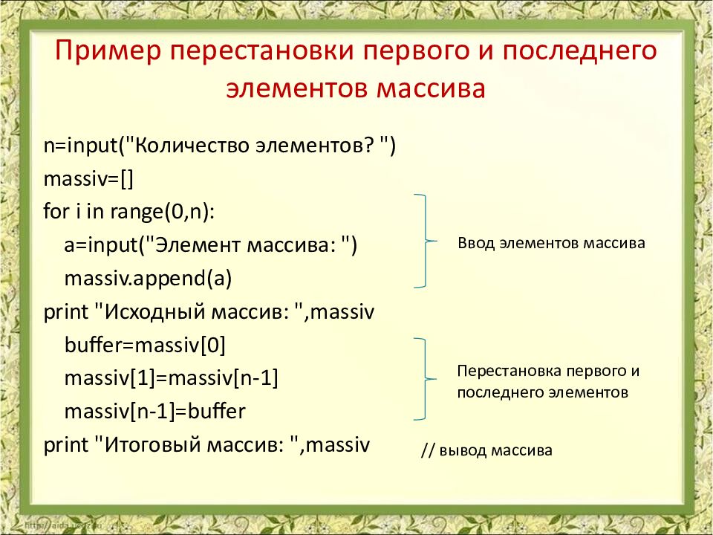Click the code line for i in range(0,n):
tap(128, 212)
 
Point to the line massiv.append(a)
tap(149, 279)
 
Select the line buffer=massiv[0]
tap(145, 346)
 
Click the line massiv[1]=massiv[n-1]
tap(171, 378)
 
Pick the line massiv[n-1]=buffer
tap(154, 411)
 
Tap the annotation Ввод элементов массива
tap(551, 243)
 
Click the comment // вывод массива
tap(486, 450)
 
